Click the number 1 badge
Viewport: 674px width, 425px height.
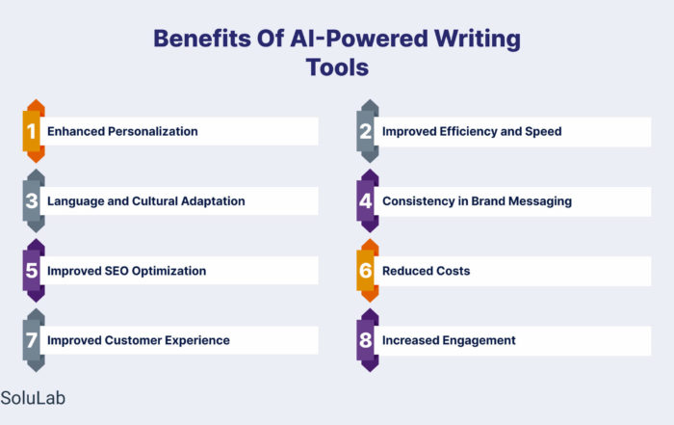coord(34,131)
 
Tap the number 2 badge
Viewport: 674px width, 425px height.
coord(368,131)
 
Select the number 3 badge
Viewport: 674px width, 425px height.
coord(34,200)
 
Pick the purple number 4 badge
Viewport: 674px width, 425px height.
coord(368,200)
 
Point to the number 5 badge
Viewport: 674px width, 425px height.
coord(34,271)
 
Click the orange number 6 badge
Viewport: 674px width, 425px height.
coord(368,271)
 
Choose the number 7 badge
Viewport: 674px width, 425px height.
coord(34,340)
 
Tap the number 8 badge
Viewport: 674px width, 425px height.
coord(368,340)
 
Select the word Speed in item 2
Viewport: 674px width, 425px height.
coord(543,131)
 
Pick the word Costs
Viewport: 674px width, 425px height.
coord(454,271)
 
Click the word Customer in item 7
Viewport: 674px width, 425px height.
coord(133,340)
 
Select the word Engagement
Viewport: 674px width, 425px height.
coord(479,341)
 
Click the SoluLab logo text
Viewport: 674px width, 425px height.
coord(33,398)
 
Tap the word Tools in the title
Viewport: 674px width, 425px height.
coord(337,67)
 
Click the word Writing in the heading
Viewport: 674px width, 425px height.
coord(478,40)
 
